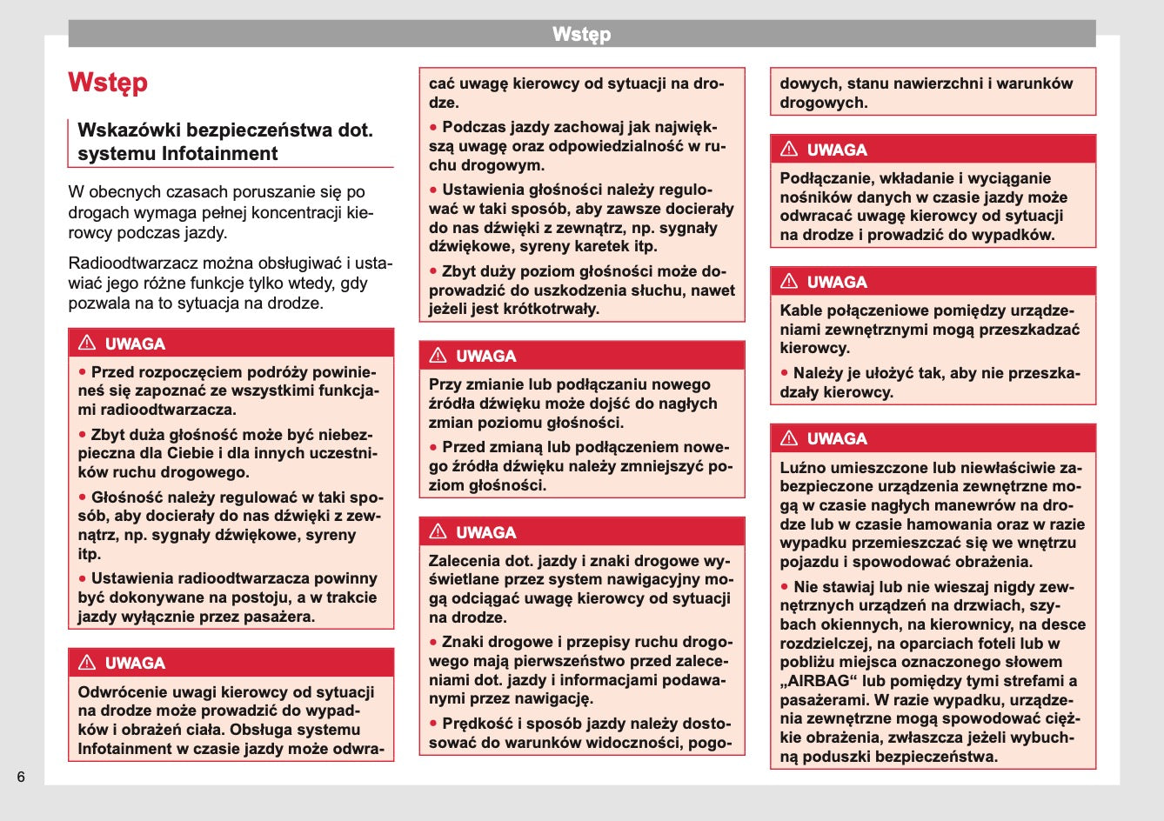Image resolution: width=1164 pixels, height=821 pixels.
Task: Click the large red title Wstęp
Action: (x=108, y=83)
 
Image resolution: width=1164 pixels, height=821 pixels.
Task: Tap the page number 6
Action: (x=21, y=777)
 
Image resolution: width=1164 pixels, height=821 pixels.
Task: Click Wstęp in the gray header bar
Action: (x=581, y=35)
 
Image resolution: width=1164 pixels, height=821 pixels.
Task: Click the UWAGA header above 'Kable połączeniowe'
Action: (x=836, y=282)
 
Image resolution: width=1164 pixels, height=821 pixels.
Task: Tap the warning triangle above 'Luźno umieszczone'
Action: (x=789, y=438)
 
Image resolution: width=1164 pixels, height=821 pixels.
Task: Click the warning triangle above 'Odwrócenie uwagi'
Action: (x=87, y=663)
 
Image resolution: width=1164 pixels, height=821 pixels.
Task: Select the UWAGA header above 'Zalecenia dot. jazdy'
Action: (x=485, y=532)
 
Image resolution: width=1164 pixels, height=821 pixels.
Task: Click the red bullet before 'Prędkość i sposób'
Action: (x=433, y=724)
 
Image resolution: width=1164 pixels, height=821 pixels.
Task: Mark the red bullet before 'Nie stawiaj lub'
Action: (x=785, y=587)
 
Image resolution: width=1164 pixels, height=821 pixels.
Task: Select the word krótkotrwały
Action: (x=546, y=309)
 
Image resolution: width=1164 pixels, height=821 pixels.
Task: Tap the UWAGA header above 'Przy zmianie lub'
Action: (x=485, y=356)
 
